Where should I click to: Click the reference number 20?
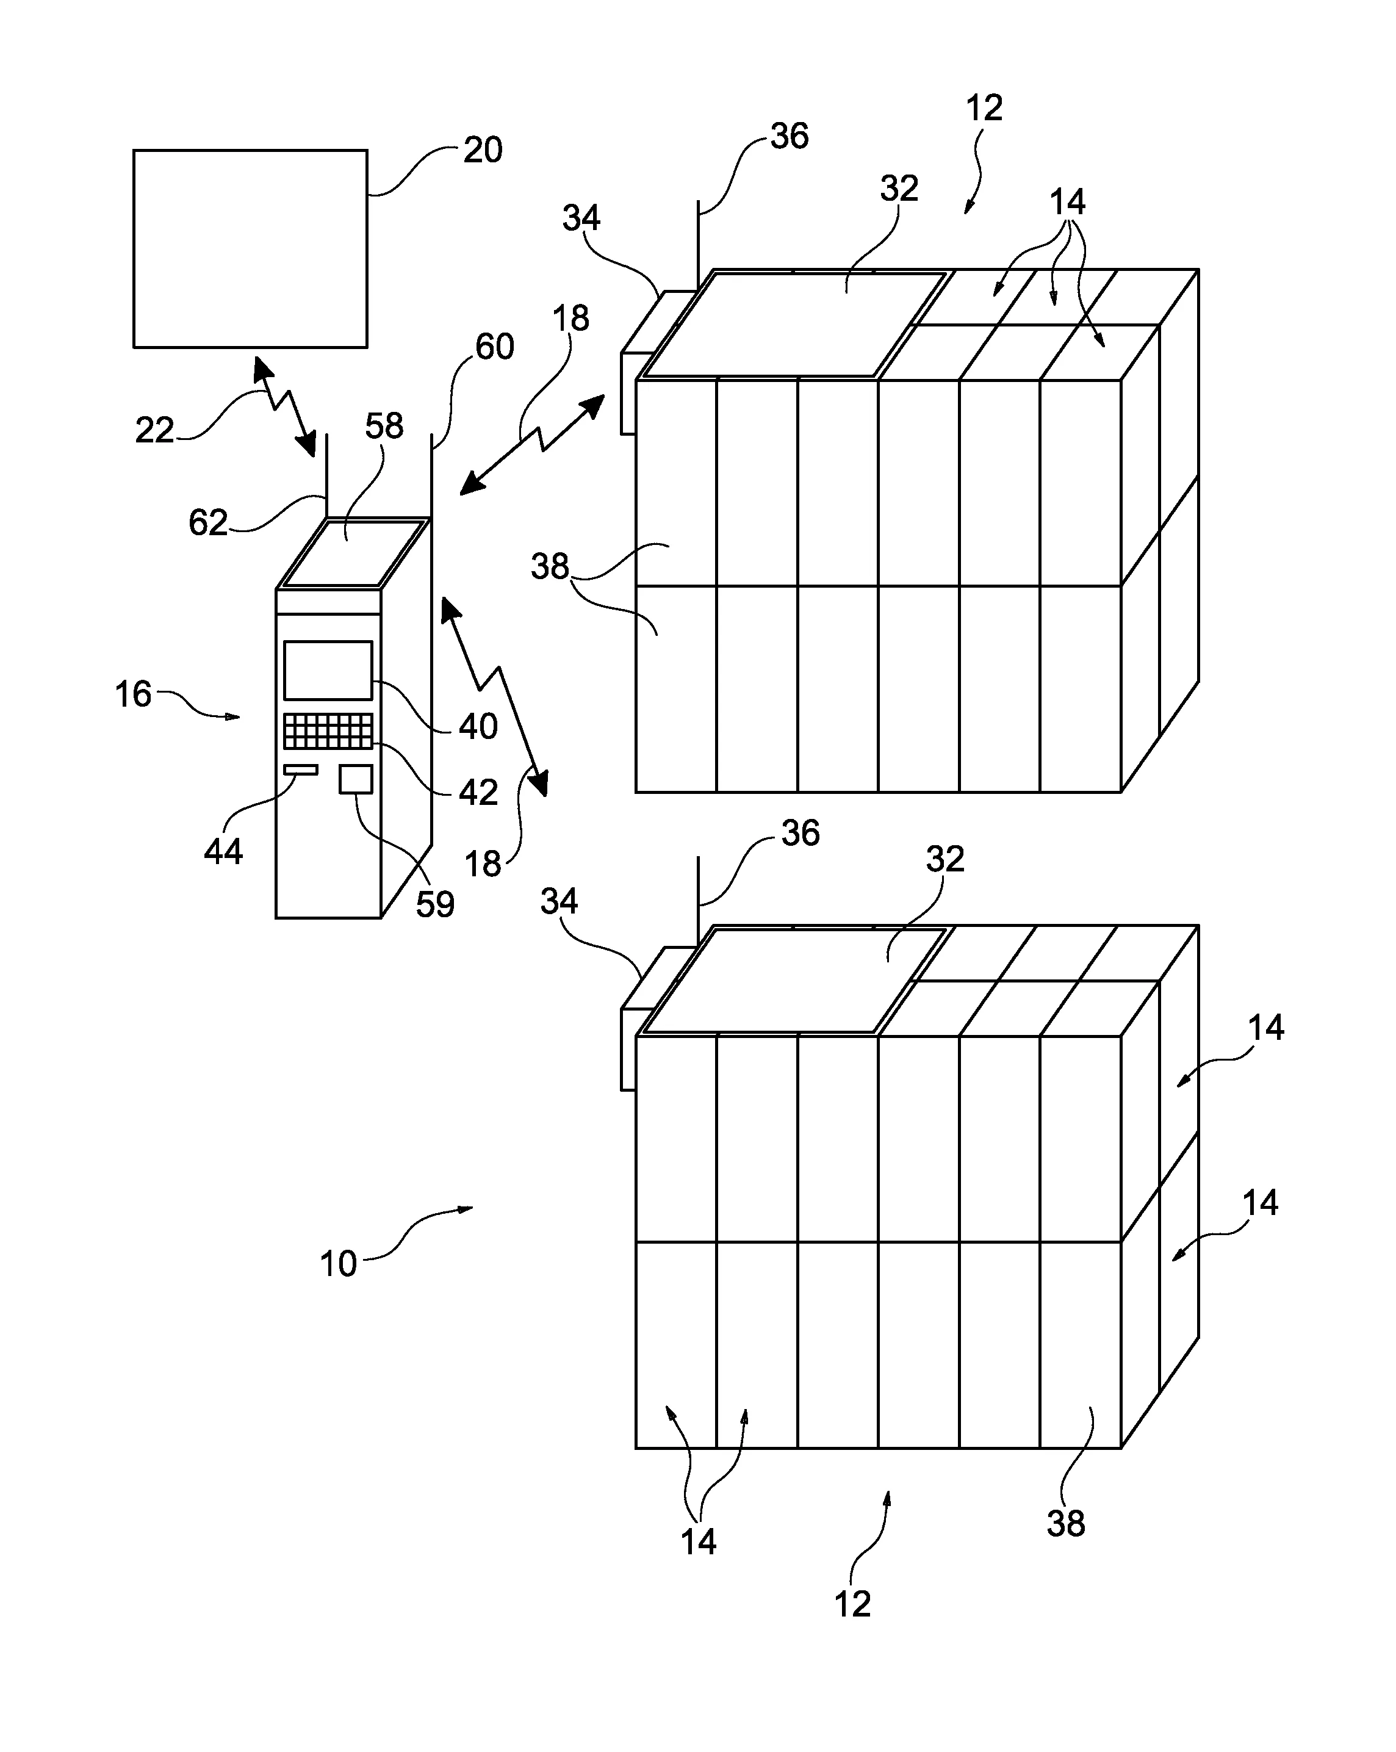[x=483, y=150]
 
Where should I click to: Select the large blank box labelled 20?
[x=250, y=248]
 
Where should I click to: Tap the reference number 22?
[x=154, y=430]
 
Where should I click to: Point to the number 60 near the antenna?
[x=494, y=347]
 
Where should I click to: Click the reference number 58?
[x=384, y=426]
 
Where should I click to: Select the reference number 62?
[x=208, y=522]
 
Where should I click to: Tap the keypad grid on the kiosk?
[x=328, y=731]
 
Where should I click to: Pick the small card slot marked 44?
[x=301, y=770]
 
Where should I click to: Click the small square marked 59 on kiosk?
[x=356, y=779]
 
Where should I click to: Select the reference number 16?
[x=132, y=695]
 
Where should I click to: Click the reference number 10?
[x=338, y=1264]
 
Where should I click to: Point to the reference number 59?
[x=435, y=904]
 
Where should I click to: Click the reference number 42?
[x=478, y=792]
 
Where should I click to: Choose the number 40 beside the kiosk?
[x=478, y=726]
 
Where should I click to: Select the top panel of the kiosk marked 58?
[x=353, y=553]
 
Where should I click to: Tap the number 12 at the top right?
[x=984, y=108]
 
